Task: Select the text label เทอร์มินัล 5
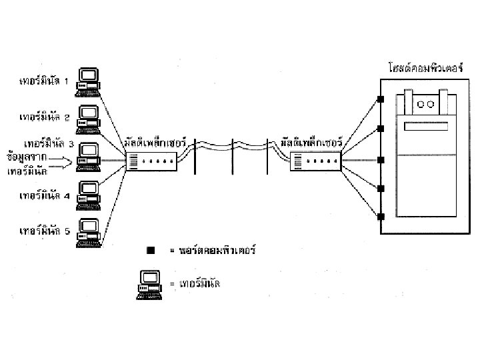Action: [45, 231]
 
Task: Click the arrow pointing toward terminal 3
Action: [57, 160]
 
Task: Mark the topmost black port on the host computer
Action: [381, 100]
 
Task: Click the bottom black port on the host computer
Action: [381, 217]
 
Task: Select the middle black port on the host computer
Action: [381, 160]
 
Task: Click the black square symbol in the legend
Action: [151, 251]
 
